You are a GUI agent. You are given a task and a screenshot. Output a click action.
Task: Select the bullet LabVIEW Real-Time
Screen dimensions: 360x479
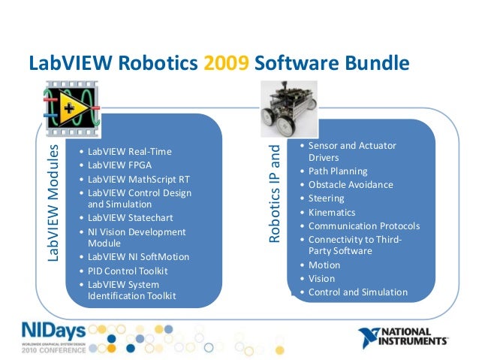[x=129, y=152]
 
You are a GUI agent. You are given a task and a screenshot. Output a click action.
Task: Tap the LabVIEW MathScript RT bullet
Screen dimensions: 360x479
[x=137, y=180]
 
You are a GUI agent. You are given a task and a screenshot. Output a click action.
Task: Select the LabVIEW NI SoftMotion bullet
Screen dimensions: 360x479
[x=138, y=257]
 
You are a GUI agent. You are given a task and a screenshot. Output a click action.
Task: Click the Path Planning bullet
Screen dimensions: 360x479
[x=338, y=171]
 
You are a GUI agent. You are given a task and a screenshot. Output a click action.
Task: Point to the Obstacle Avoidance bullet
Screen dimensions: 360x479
[x=350, y=185]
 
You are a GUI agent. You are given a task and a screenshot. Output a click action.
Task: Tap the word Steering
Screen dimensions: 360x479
[x=326, y=198]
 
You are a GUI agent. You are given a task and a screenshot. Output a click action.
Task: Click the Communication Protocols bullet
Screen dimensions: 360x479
[x=363, y=225]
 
